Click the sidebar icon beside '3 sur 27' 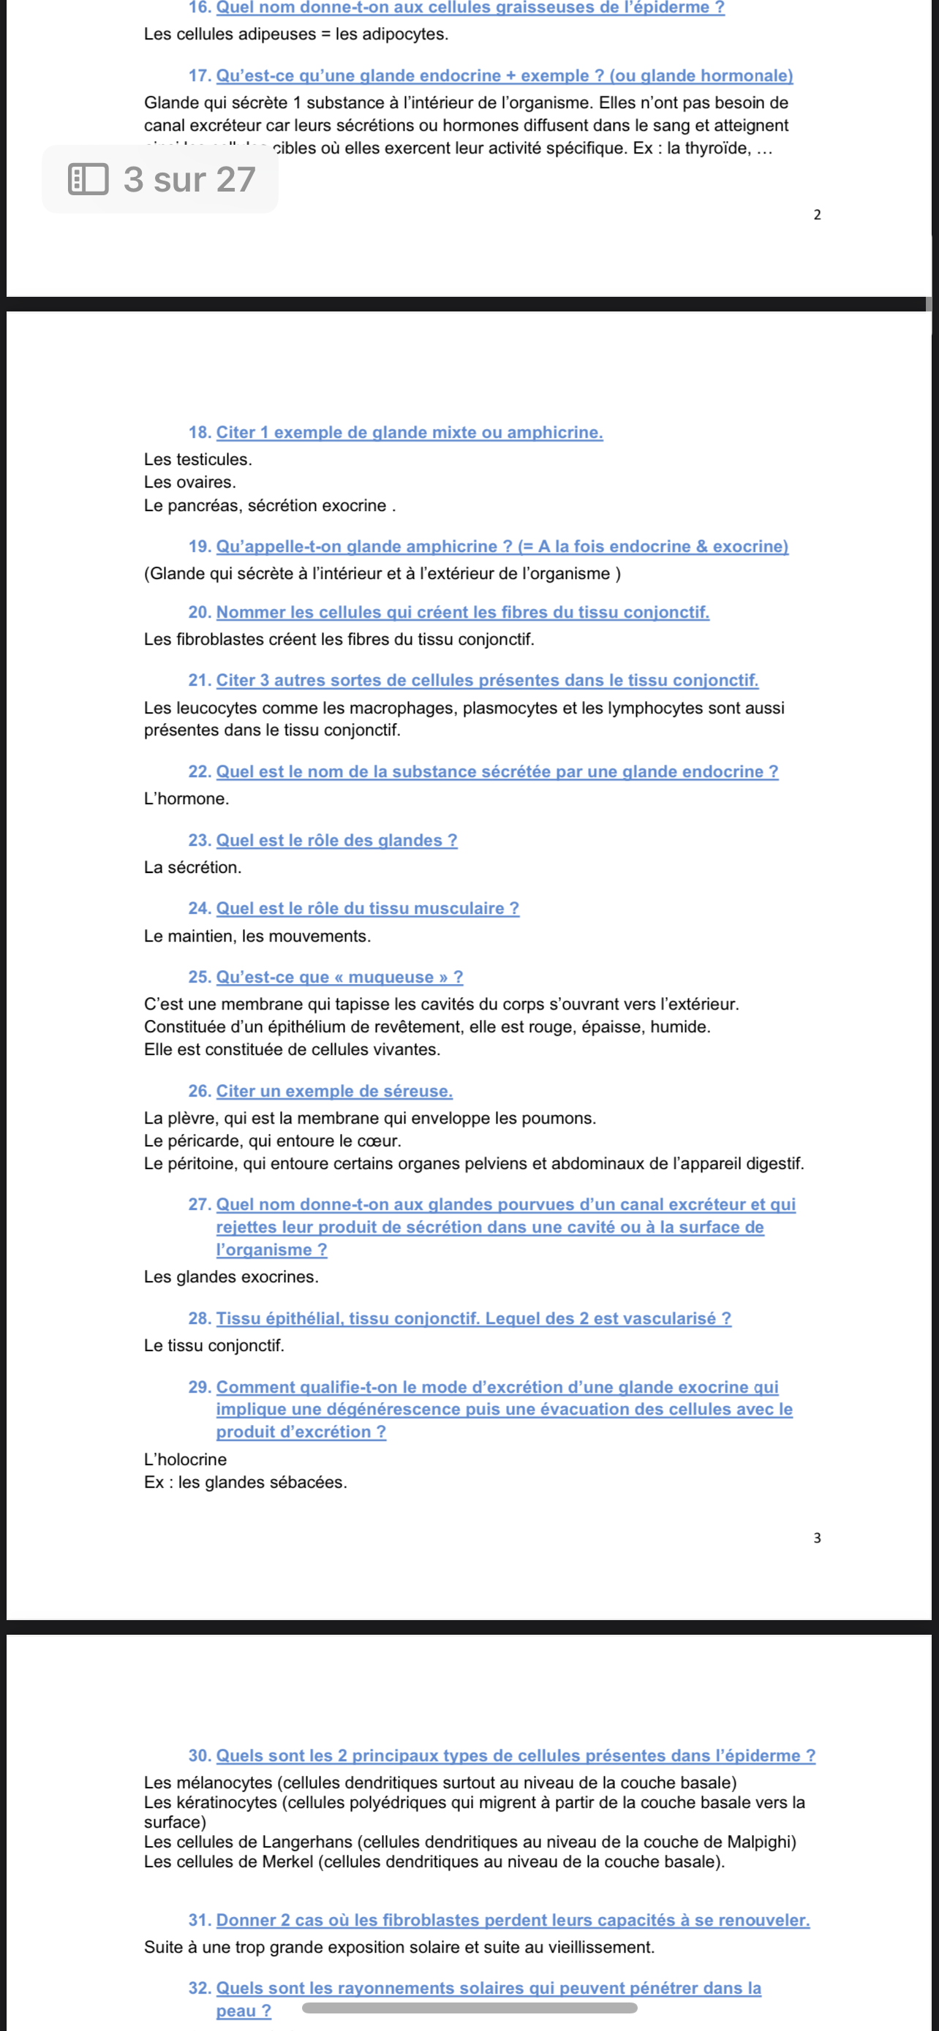pos(88,179)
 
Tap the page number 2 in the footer pos(817,214)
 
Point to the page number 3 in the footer pos(817,1538)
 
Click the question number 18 pos(200,432)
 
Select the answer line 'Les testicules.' pos(198,459)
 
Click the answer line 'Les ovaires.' pos(190,482)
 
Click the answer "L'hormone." pos(186,798)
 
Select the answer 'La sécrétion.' pos(192,867)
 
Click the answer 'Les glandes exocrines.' pos(231,1277)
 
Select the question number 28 pos(200,1318)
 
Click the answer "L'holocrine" pos(185,1459)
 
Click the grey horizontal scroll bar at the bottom pos(469,2008)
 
